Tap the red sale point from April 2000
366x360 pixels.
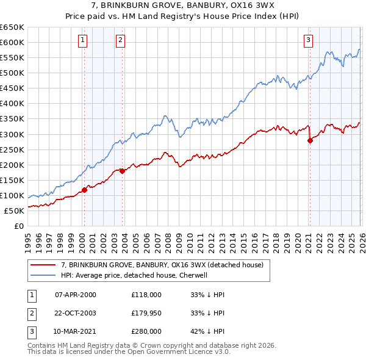(84, 190)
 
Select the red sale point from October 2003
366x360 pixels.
(123, 171)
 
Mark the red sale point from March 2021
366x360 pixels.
(310, 140)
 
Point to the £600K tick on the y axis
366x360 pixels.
(13, 42)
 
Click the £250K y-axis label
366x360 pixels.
(13, 149)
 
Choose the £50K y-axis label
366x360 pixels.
(15, 211)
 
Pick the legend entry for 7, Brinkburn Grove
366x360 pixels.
(162, 265)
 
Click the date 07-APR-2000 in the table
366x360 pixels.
(76, 295)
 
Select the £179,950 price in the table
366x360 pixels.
(146, 313)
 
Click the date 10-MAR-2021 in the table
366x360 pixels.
(76, 331)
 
